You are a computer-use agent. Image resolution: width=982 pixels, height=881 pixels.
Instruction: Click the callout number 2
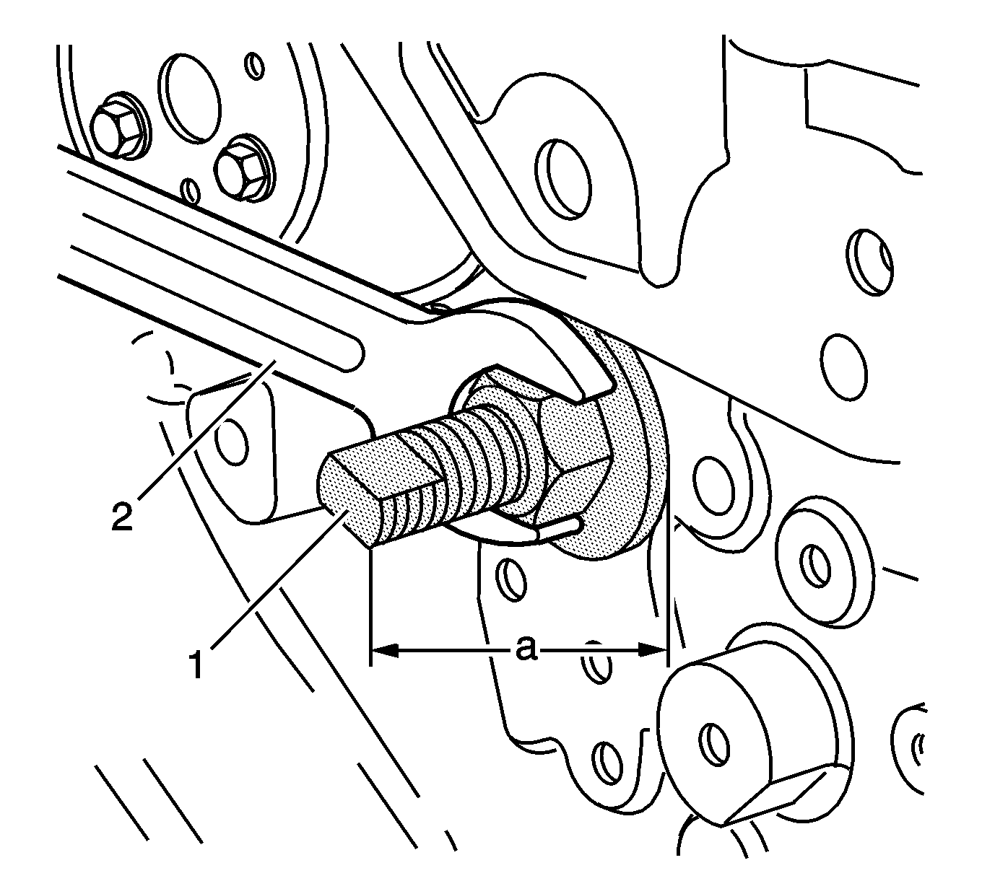[121, 516]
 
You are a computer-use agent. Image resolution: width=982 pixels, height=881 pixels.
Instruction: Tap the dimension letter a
[526, 649]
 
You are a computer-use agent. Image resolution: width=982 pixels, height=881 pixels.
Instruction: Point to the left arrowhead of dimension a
[385, 650]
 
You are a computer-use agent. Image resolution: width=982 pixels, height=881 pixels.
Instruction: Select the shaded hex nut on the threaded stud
[538, 446]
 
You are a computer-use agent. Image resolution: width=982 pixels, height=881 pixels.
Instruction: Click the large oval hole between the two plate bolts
[189, 99]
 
